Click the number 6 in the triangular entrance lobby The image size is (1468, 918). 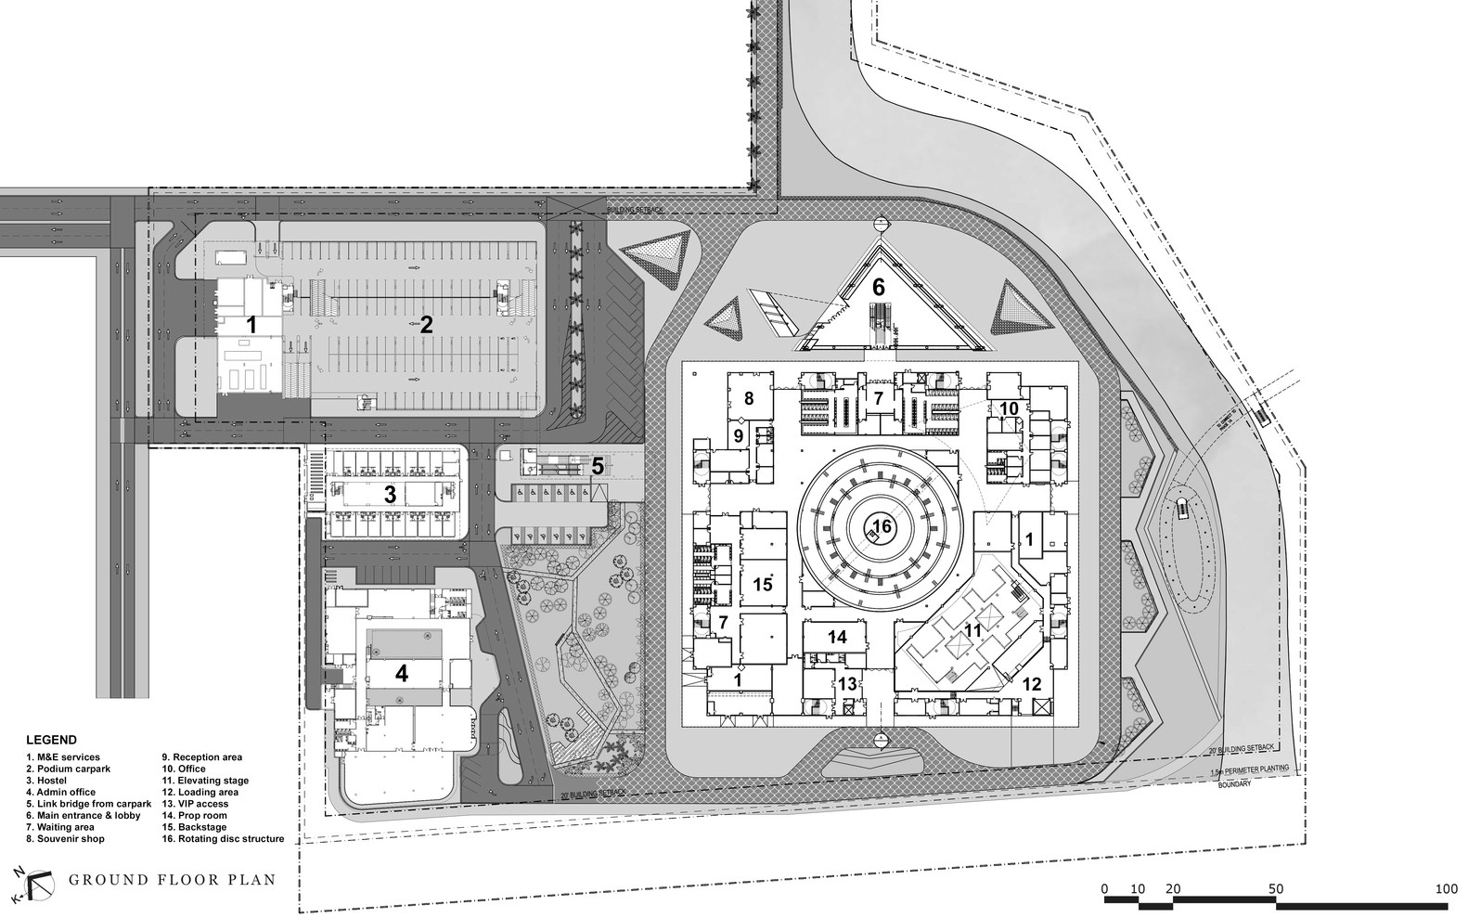click(878, 287)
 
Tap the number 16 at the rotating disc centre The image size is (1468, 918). click(882, 526)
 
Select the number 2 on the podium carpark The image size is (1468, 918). click(426, 324)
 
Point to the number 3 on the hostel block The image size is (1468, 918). click(390, 495)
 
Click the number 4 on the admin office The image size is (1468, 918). click(401, 673)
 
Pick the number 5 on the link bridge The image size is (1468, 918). click(598, 466)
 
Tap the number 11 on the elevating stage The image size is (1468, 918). click(972, 630)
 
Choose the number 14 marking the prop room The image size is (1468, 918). click(837, 637)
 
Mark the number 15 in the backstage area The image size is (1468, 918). click(763, 585)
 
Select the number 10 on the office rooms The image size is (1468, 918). click(1009, 407)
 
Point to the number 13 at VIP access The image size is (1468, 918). click(847, 683)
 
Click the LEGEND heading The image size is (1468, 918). click(51, 741)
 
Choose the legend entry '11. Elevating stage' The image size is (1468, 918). click(205, 781)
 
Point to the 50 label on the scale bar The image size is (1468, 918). click(1276, 889)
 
